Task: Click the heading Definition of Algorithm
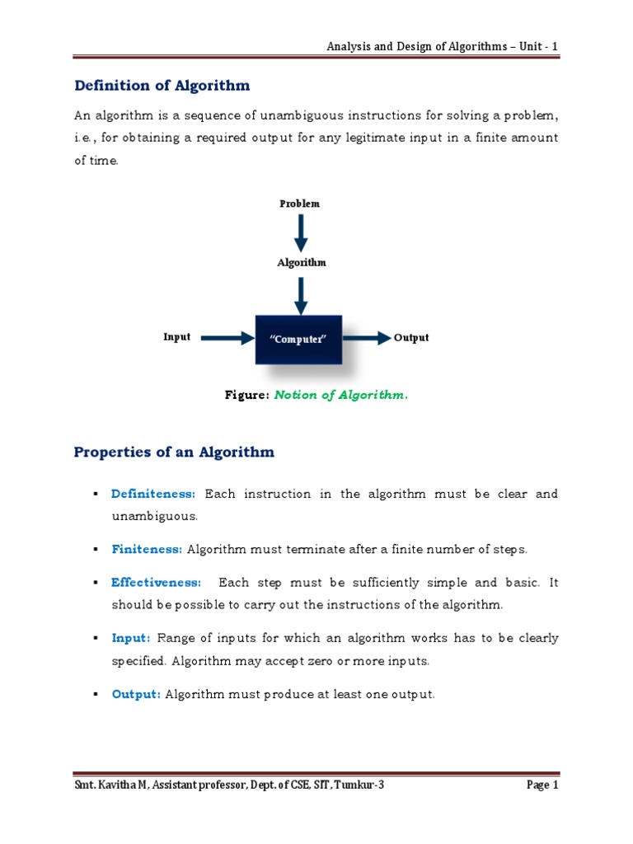[162, 86]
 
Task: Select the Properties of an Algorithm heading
[174, 452]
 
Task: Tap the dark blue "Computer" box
[299, 339]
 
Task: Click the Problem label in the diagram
[299, 204]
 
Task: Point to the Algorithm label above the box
[301, 263]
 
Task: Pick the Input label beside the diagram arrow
[177, 337]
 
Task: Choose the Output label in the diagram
[411, 338]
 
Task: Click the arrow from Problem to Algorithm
[301, 232]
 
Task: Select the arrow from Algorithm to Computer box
[301, 294]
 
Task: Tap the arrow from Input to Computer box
[227, 338]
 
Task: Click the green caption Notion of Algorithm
[340, 396]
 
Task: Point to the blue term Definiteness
[153, 495]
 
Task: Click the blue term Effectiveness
[156, 583]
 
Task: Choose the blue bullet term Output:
[136, 695]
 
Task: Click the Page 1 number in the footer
[542, 785]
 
